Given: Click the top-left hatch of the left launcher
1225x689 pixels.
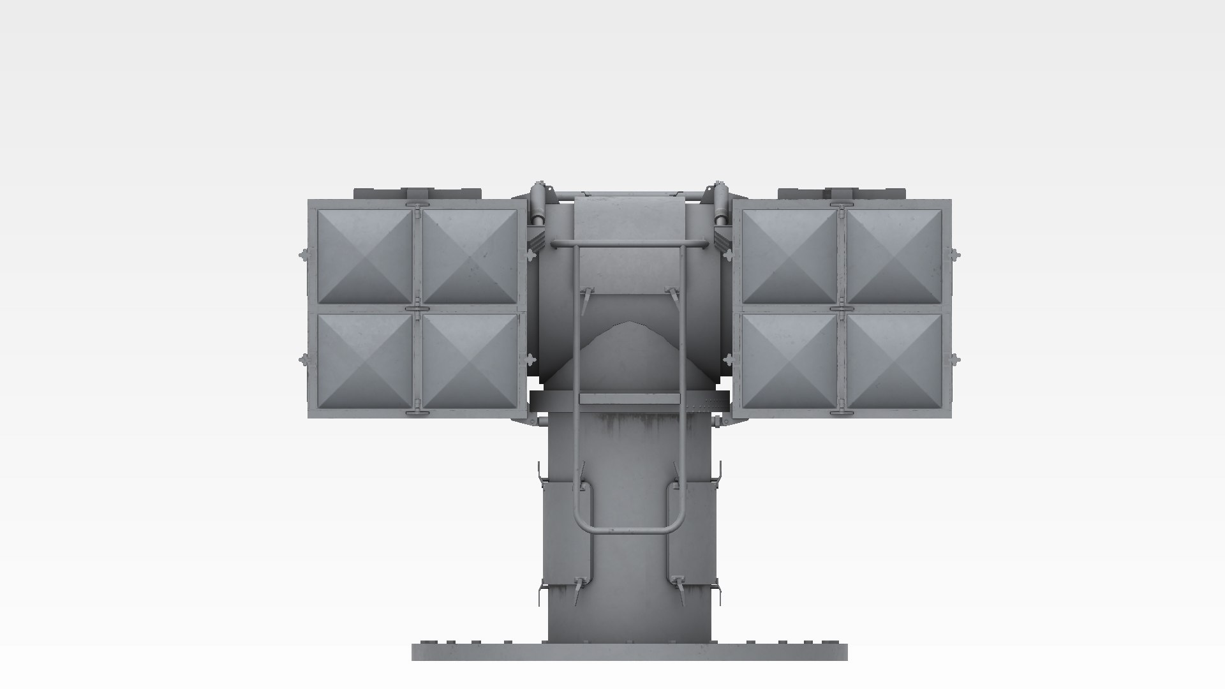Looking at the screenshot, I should (365, 256).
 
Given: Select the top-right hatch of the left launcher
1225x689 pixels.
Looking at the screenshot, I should (470, 256).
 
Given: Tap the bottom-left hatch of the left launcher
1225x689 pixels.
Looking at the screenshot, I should (365, 360).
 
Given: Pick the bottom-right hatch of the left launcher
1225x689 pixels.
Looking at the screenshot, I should (470, 360).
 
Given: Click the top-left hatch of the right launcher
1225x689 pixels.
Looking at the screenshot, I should (790, 256).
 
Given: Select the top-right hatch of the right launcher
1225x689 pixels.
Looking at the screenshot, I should (895, 256).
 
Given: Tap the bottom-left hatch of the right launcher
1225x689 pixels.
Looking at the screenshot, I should (790, 360).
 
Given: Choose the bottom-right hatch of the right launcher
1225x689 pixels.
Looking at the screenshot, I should (895, 360).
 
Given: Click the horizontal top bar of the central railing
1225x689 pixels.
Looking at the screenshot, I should (629, 243).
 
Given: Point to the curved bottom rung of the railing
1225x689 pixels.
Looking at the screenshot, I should (629, 531).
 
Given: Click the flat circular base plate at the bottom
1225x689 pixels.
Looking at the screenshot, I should (629, 652).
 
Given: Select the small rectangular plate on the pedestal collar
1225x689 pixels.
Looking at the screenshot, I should (629, 399).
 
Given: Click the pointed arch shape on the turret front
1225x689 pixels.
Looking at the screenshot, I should (629, 344).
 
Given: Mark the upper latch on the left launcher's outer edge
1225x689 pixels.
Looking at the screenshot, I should (304, 255).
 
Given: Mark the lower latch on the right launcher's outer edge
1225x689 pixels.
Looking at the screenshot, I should (955, 359).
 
